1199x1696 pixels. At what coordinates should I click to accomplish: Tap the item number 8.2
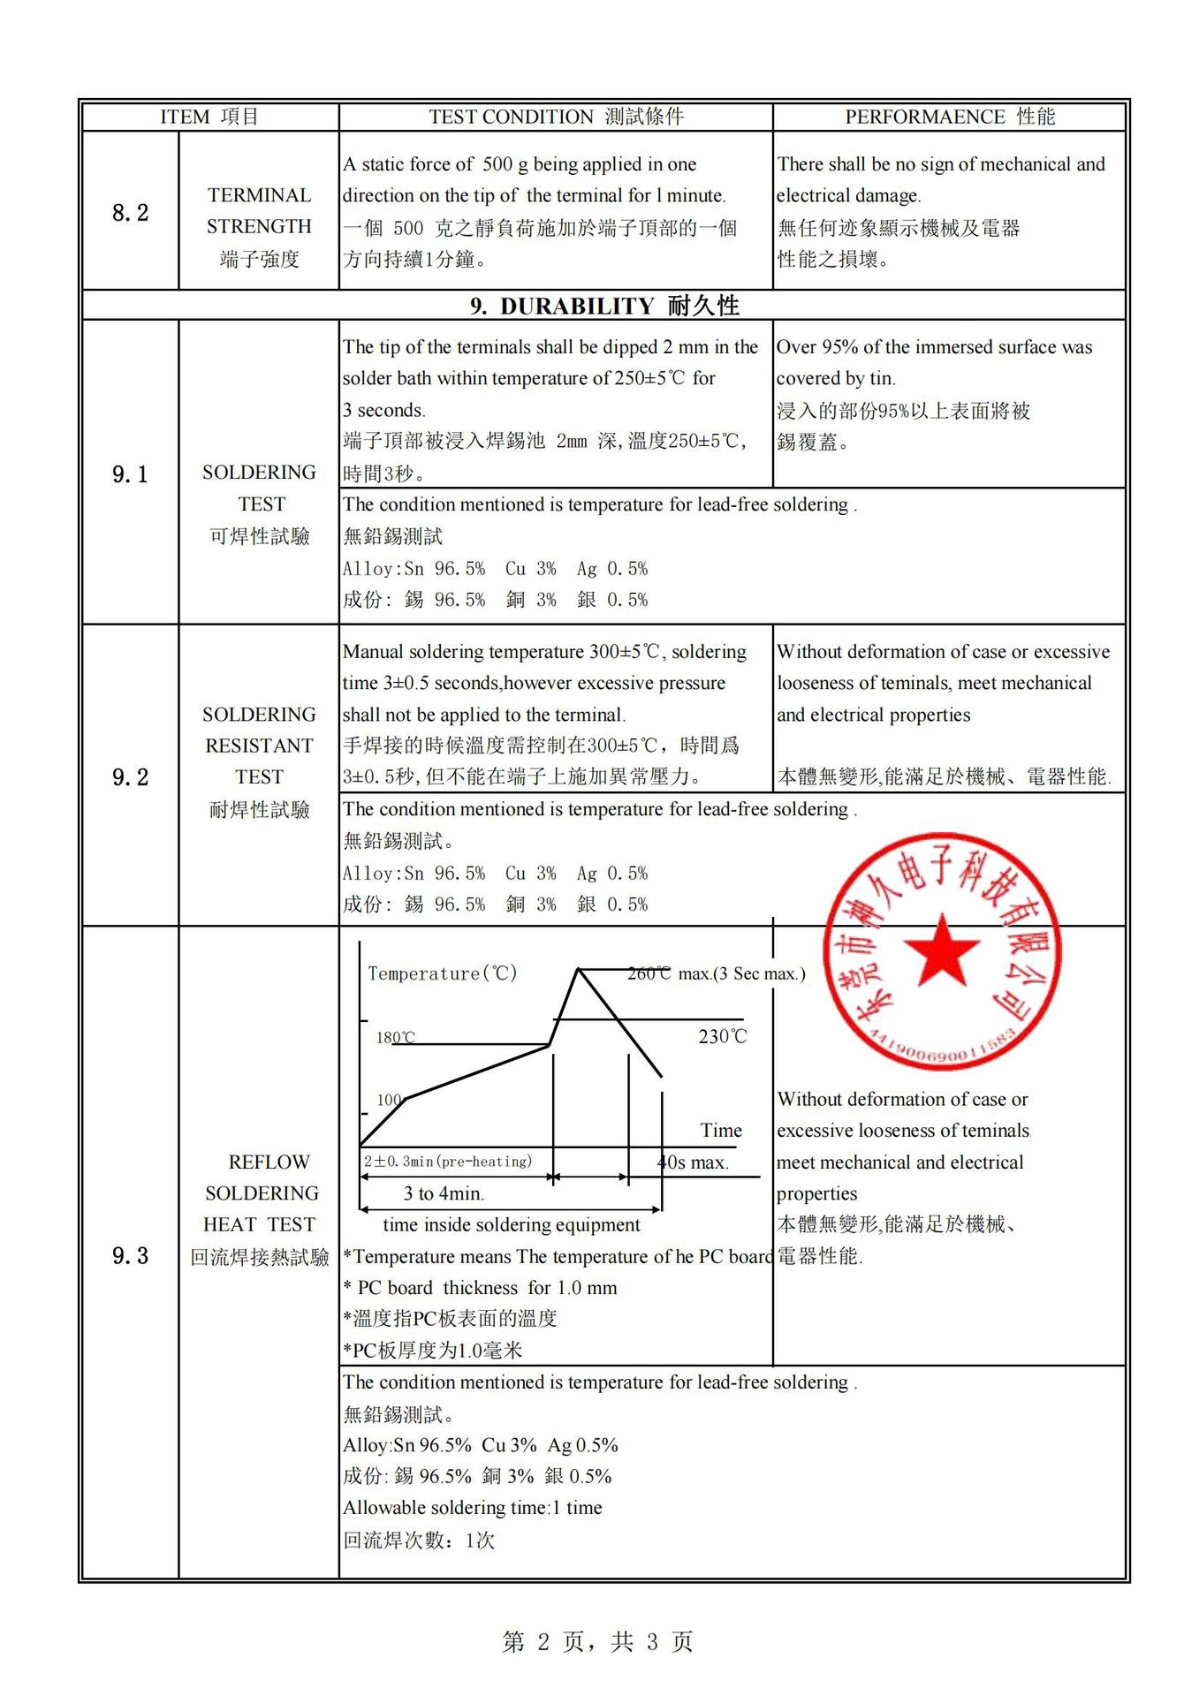pos(130,213)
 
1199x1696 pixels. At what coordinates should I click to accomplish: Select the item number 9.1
pos(130,474)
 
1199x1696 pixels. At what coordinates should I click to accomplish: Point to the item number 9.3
pos(130,1255)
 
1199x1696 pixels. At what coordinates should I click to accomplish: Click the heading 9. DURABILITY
pos(604,306)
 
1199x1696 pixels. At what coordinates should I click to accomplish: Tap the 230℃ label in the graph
pos(722,1036)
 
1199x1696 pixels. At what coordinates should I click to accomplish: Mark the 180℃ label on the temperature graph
pos(395,1037)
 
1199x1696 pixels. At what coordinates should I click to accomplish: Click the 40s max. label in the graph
pos(694,1162)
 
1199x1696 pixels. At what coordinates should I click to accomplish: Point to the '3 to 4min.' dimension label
pos(444,1193)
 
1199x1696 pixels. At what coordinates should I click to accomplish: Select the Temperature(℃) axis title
pos(442,973)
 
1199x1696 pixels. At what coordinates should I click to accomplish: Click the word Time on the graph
pos(721,1130)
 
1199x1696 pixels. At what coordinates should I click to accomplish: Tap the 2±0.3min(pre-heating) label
pos(448,1162)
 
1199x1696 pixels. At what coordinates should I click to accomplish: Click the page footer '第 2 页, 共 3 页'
pos(598,1641)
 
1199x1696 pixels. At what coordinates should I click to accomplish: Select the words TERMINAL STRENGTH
pos(259,211)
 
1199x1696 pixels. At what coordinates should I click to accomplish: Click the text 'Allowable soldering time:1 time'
pos(473,1507)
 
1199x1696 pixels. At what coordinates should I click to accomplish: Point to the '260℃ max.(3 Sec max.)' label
pos(717,973)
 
